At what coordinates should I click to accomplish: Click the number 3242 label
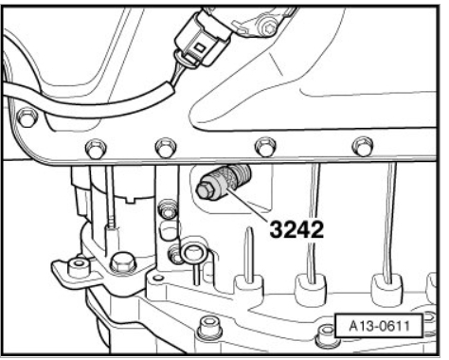click(296, 230)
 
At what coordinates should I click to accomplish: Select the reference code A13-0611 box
click(378, 326)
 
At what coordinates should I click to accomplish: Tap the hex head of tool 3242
click(204, 189)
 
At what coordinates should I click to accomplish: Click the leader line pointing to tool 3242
click(250, 203)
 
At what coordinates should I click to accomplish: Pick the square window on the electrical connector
click(200, 47)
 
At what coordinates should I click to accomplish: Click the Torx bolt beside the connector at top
click(267, 27)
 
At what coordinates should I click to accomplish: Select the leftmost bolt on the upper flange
click(27, 117)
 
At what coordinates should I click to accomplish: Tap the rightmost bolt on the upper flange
click(364, 146)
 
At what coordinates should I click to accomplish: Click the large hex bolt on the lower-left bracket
click(122, 262)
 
